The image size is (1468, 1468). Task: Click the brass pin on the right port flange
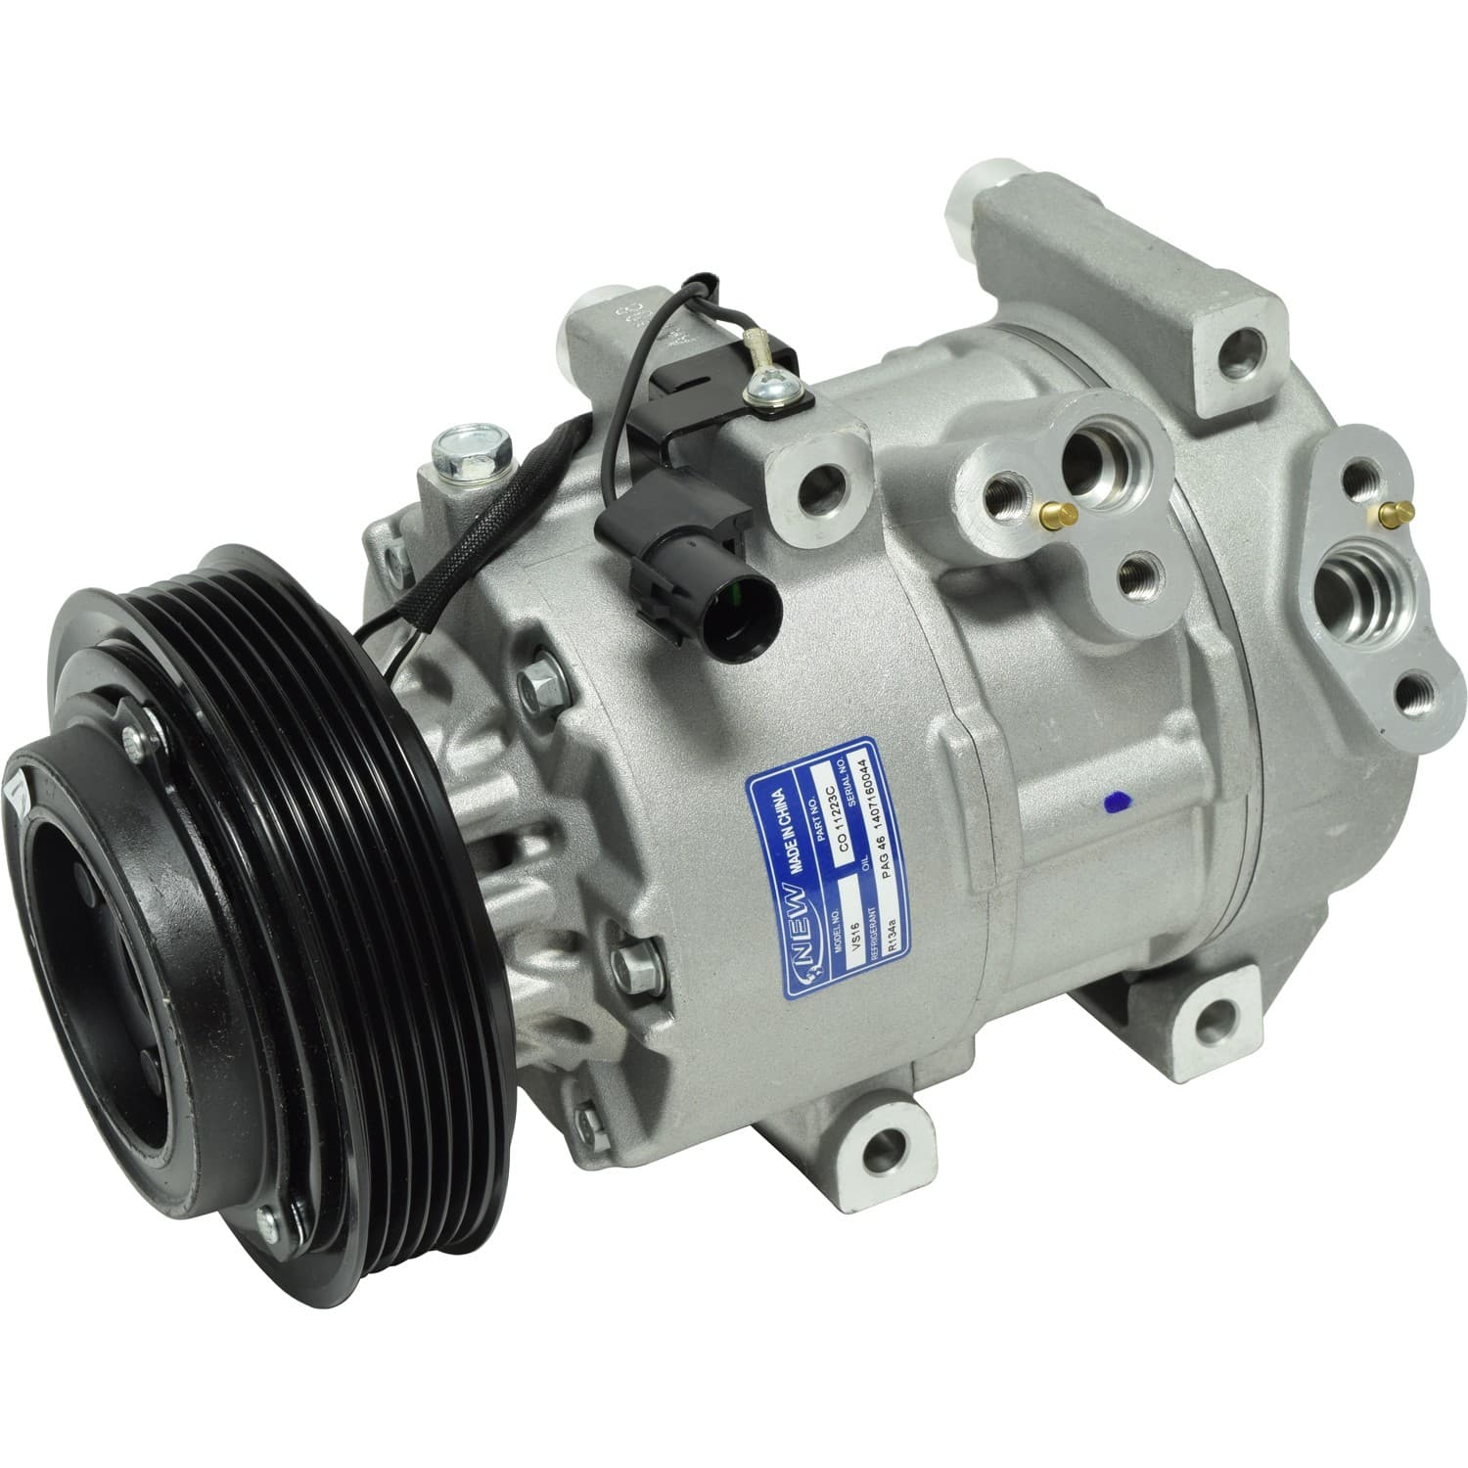[1387, 510]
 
